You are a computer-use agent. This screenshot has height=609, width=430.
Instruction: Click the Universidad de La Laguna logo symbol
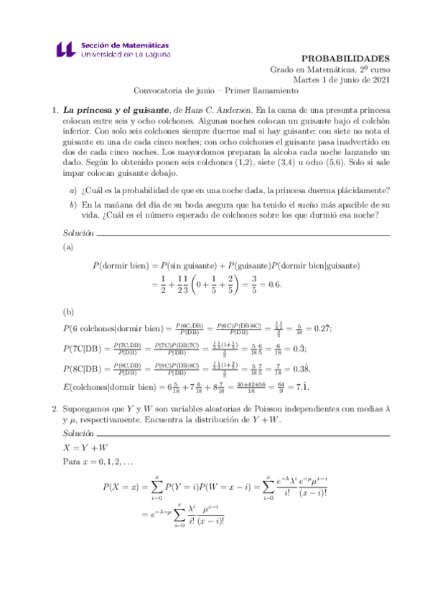point(64,49)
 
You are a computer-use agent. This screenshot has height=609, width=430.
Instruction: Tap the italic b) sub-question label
point(73,205)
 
